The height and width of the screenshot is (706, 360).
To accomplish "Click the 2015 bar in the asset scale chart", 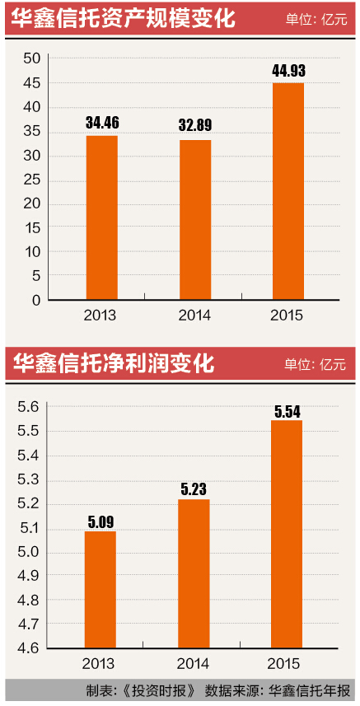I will point(288,191).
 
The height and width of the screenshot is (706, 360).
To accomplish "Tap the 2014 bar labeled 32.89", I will point(195,220).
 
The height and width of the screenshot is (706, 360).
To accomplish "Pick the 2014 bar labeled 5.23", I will point(195,573).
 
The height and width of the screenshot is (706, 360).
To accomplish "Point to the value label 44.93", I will point(288,71).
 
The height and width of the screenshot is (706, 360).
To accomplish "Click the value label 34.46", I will point(101,124).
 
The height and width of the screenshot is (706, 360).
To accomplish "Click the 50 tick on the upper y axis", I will point(32,58).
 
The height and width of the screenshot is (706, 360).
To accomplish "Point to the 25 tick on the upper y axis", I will point(32,180).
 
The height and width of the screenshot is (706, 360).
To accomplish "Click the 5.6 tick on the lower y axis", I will point(29,406).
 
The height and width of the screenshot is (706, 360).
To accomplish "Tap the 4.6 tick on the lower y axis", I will point(29,648).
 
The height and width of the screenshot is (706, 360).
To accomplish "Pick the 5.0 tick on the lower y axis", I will point(29,551).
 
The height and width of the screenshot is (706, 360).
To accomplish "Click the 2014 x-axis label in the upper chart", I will point(194,316).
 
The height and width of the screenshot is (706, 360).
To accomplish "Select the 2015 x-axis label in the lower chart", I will point(288,663).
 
